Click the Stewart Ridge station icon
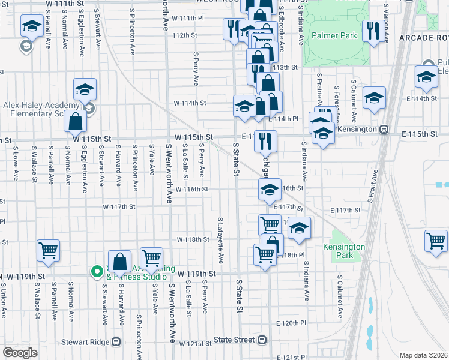pos(116,342)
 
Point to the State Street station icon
pos(262,340)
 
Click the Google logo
pos(20,353)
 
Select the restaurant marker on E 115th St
pos(265,141)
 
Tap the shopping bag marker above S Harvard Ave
pos(120,262)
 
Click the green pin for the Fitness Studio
pos(96,272)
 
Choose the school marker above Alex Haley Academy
pos(85,90)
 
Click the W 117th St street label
pos(119,206)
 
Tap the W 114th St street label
pos(190,103)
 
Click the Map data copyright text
pos(423,355)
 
